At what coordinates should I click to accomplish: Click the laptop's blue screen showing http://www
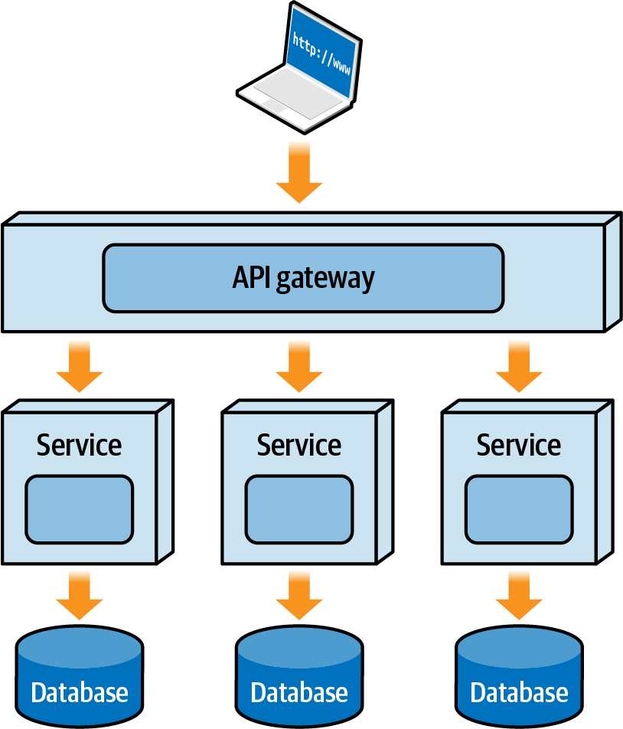click(321, 52)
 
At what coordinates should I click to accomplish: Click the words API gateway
click(303, 278)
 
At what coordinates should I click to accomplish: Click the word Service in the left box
click(79, 445)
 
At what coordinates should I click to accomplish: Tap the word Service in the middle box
click(299, 445)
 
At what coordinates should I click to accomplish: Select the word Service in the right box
click(519, 445)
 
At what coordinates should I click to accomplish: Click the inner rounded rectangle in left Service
click(79, 508)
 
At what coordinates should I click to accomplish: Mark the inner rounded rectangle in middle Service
click(299, 508)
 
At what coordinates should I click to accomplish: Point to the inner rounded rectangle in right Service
click(519, 508)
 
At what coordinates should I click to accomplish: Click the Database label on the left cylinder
click(79, 693)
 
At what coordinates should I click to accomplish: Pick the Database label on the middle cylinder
click(299, 693)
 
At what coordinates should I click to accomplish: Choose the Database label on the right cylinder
click(519, 693)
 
